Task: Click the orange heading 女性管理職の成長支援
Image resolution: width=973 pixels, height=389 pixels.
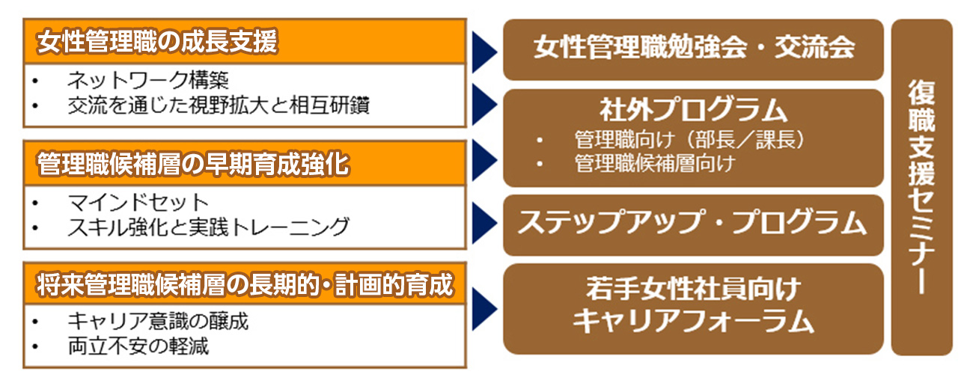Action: click(x=157, y=42)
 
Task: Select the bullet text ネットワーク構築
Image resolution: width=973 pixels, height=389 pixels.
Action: click(x=147, y=79)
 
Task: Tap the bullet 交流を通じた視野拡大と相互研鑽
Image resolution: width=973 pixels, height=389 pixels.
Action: click(x=218, y=105)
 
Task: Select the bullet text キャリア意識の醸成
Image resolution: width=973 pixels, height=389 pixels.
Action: click(x=157, y=322)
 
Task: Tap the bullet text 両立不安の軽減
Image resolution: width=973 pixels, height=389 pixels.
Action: click(x=138, y=347)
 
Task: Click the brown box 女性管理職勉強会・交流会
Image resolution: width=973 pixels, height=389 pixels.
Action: click(x=694, y=49)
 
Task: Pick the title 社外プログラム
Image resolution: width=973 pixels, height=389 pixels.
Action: click(x=694, y=111)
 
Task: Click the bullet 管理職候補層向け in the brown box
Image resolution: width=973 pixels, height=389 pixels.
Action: click(x=654, y=163)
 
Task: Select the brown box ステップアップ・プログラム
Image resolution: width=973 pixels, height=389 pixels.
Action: click(x=694, y=223)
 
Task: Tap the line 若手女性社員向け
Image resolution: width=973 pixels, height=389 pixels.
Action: click(x=694, y=289)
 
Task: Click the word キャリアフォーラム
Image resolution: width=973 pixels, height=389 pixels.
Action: click(x=694, y=322)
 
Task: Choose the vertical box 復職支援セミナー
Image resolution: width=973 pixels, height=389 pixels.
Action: click(x=921, y=187)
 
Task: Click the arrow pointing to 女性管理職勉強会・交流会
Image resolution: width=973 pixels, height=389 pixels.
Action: click(x=485, y=51)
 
